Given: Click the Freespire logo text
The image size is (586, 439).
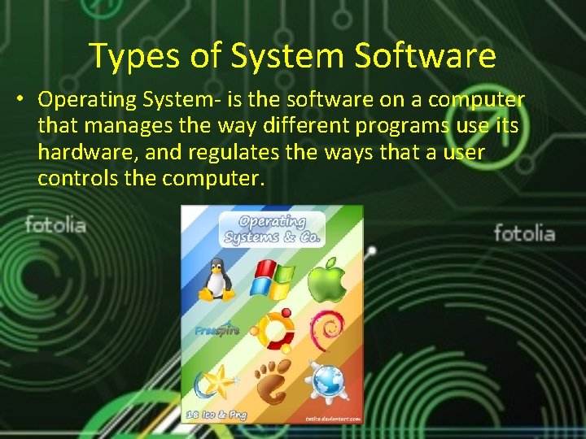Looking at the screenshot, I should coord(216,331).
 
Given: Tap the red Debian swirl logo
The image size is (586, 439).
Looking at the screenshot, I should coord(327,329).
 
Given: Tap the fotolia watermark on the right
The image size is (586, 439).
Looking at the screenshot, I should coord(524,234).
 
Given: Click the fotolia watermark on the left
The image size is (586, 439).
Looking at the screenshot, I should coord(55,224).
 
